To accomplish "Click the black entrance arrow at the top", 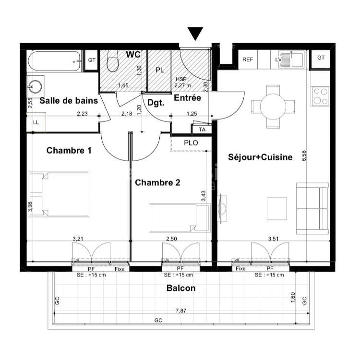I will [195, 34].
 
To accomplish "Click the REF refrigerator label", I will [247, 60].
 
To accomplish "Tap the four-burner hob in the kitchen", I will [321, 96].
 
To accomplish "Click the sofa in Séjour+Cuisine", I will [312, 208].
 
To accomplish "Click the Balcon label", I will [181, 288].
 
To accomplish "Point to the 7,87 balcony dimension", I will [181, 311].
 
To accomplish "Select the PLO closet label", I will [191, 143].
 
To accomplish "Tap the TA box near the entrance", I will [202, 129].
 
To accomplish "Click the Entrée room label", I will [187, 98].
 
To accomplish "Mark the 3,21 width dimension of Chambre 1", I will [78, 238].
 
